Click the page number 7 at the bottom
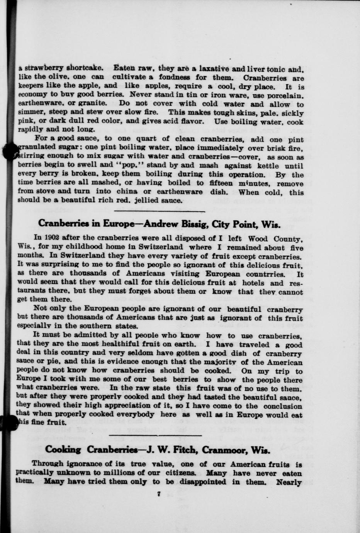[x=159, y=494]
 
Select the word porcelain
[x=287, y=95]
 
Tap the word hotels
[x=248, y=282]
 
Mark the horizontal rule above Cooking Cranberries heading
[x=156, y=435]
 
